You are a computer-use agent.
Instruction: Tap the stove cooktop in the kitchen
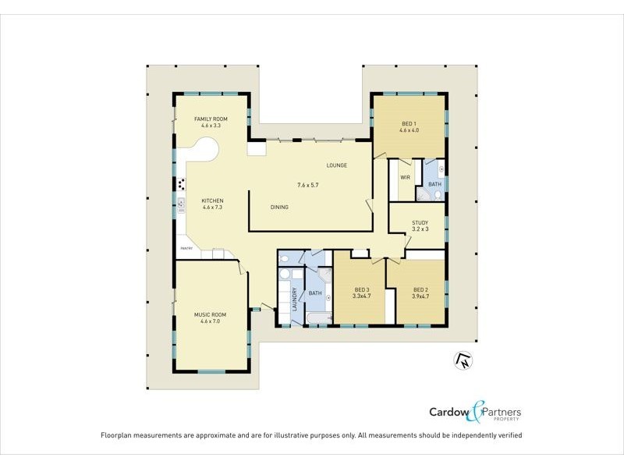[182, 185]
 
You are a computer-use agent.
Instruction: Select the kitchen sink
[181, 204]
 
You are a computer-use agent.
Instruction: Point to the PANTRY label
[186, 248]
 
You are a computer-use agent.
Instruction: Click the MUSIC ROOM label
[211, 314]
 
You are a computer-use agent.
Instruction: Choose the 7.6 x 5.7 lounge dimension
[308, 185]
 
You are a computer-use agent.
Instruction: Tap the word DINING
[279, 207]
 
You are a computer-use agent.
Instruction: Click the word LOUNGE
[337, 165]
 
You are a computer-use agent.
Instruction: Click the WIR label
[405, 178]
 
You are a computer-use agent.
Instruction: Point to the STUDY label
[420, 223]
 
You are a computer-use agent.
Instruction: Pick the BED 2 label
[420, 289]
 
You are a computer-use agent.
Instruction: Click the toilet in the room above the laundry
[285, 258]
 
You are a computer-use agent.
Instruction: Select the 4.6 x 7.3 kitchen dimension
[212, 207]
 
